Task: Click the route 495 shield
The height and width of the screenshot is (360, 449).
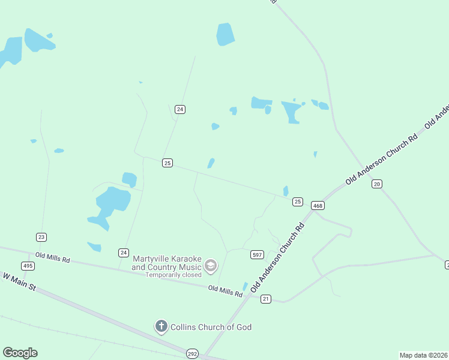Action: (x=28, y=266)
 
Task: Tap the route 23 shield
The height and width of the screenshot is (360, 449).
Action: (x=41, y=237)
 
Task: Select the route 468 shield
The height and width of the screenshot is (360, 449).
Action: (x=318, y=206)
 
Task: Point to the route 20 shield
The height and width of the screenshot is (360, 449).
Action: (x=377, y=184)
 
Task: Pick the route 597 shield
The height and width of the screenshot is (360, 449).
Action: (x=257, y=255)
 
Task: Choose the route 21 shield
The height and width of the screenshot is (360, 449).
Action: (x=266, y=299)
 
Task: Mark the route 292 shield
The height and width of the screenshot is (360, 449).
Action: (x=192, y=353)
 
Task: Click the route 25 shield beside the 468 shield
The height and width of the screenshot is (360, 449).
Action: (x=298, y=202)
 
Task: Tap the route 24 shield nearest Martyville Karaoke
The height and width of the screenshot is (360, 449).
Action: (x=123, y=253)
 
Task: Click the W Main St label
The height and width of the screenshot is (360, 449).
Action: (x=19, y=283)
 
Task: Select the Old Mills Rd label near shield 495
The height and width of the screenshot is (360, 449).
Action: (x=53, y=259)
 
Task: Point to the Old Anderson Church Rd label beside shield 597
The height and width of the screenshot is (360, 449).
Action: (x=278, y=257)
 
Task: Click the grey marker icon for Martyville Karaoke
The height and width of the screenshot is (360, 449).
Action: (x=211, y=265)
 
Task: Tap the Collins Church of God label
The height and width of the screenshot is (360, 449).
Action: (x=211, y=327)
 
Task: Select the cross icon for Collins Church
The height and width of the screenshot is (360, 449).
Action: (x=161, y=326)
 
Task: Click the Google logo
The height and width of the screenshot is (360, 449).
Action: (x=20, y=353)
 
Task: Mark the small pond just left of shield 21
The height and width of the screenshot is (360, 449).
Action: (x=245, y=287)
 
